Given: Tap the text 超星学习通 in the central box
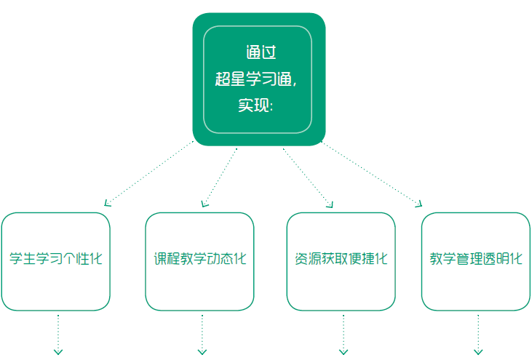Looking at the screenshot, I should pos(255,79).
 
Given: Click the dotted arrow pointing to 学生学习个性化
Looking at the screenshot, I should pos(149,173).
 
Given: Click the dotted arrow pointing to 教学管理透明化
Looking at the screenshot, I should pos(371,173).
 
